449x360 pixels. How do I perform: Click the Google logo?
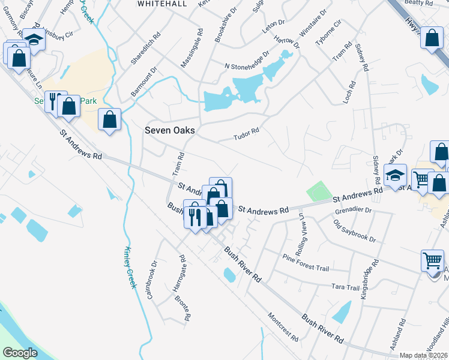coord(20,353)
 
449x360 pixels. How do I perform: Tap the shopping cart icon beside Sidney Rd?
coord(422,178)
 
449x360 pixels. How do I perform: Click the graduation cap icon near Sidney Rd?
coord(395,175)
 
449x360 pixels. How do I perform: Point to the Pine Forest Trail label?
coord(306,262)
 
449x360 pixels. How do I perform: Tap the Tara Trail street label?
coord(345,287)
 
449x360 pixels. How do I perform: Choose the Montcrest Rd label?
coord(283,327)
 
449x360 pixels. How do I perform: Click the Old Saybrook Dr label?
coord(355,231)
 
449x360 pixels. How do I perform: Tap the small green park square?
coord(319,192)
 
